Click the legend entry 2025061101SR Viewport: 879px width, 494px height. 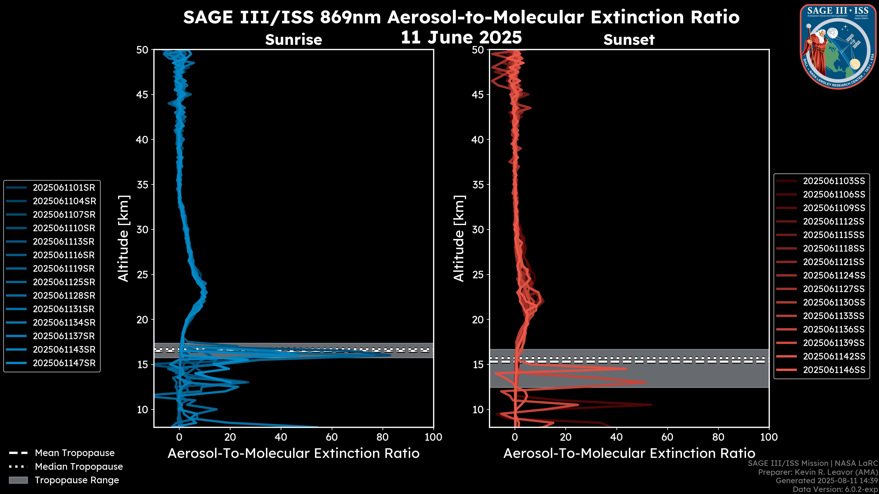coord(64,188)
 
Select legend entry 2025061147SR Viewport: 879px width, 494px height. coord(64,363)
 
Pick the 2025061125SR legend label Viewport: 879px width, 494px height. coord(64,282)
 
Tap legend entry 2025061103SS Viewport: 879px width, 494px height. coord(834,181)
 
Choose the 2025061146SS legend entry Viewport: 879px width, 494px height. coord(834,370)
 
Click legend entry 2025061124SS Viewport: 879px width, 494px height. coord(834,275)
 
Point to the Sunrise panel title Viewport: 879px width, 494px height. coord(293,40)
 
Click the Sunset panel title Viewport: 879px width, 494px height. coord(629,40)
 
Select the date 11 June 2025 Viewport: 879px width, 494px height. coord(461,38)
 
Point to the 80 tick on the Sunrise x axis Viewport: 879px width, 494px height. coord(383,437)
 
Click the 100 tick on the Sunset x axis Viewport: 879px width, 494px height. coord(769,437)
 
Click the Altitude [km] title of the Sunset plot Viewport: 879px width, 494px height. coord(459,239)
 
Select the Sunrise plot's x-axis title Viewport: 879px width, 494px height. coord(293,454)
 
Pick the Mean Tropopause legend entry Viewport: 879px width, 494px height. coord(75,453)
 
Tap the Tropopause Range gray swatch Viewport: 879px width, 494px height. coord(18,480)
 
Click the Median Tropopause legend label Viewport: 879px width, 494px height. coord(79,467)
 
